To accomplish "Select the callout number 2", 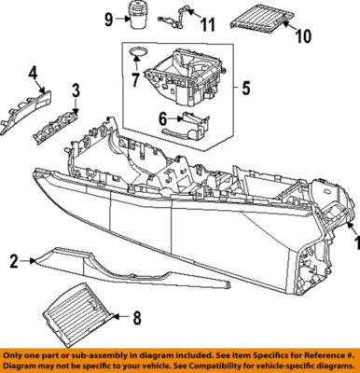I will pos(13,262).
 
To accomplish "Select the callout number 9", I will pos(108,19).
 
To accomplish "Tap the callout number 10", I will pos(301,37).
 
